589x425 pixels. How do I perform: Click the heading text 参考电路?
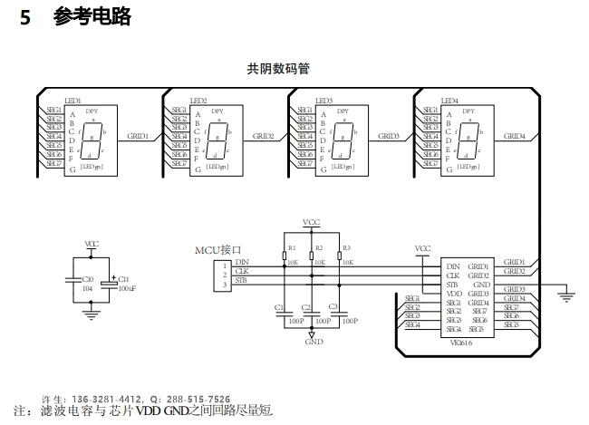92,16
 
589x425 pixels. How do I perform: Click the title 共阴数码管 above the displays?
277,68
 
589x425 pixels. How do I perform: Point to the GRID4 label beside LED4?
514,136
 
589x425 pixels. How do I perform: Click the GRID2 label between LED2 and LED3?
264,136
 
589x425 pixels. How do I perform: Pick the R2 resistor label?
318,247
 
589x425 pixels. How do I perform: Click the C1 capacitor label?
278,307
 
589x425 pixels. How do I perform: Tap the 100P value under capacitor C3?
348,321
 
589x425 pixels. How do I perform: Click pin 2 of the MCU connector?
224,274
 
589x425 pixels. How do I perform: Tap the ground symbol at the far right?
568,293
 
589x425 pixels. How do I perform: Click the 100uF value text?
126,287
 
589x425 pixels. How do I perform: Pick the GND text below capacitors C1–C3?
314,343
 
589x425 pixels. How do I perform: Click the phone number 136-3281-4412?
107,399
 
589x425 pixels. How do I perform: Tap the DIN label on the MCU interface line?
242,262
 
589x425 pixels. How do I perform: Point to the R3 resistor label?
345,247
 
